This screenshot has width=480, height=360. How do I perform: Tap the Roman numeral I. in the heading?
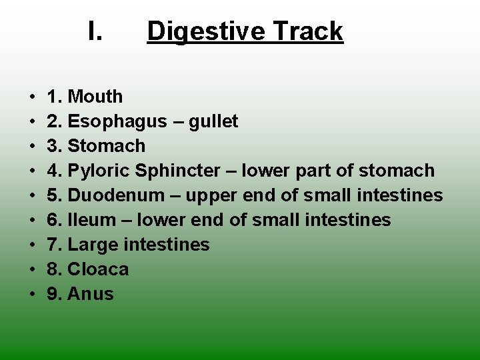(95, 31)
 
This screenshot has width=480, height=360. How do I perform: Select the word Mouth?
(95, 97)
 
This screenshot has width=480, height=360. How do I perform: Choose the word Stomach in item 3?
(107, 146)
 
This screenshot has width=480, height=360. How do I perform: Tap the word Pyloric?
(99, 171)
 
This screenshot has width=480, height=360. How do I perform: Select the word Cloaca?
(98, 269)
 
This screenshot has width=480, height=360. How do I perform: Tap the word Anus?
(91, 294)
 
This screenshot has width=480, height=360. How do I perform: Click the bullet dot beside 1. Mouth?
(33, 97)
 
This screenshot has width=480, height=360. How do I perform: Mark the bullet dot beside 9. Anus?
(33, 295)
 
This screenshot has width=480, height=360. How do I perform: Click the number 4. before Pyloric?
(54, 171)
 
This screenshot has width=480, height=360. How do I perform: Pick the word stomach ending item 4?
(396, 171)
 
